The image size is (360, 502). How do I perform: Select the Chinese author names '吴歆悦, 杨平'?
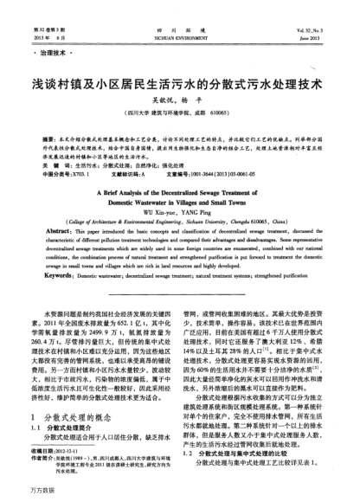pyautogui.click(x=180, y=102)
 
